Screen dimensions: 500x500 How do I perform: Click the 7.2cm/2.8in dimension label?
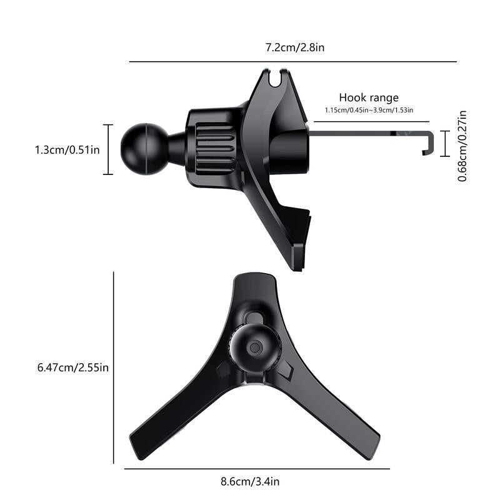pyautogui.click(x=293, y=48)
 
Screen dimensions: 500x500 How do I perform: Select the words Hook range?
pyautogui.click(x=369, y=97)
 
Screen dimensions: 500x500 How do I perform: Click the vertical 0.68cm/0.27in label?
pyautogui.click(x=463, y=146)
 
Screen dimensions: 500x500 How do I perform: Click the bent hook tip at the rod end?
pyautogui.click(x=428, y=144)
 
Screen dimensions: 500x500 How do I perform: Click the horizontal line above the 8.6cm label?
pyautogui.click(x=256, y=468)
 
